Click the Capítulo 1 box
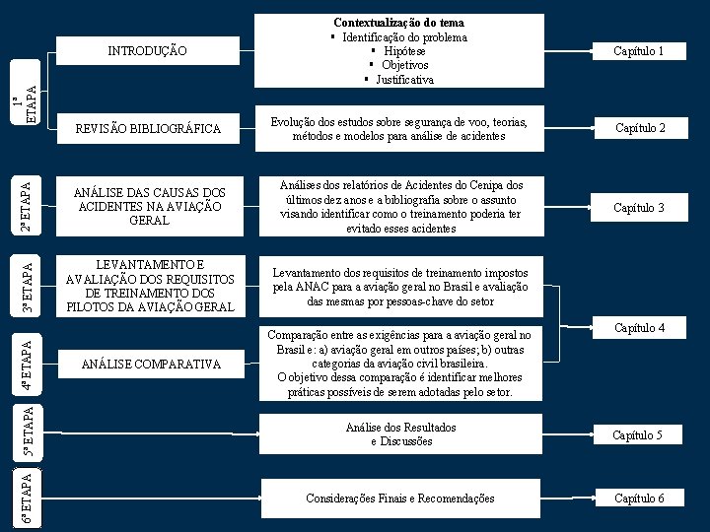pos(638,50)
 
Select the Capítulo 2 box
pos(640,128)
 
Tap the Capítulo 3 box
pos(638,208)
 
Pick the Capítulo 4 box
pos(639,327)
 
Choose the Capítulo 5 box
pos(637,434)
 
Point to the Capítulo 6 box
pos(638,499)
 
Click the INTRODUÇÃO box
pos(147,50)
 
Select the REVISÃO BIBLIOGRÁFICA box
pos(149,129)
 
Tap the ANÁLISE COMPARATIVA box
pos(150,365)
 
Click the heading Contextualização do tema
pos(398,22)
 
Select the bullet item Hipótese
pos(404,51)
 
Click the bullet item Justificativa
pos(404,79)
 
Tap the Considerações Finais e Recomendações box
pos(400,499)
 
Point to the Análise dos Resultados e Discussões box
pos(400,434)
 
